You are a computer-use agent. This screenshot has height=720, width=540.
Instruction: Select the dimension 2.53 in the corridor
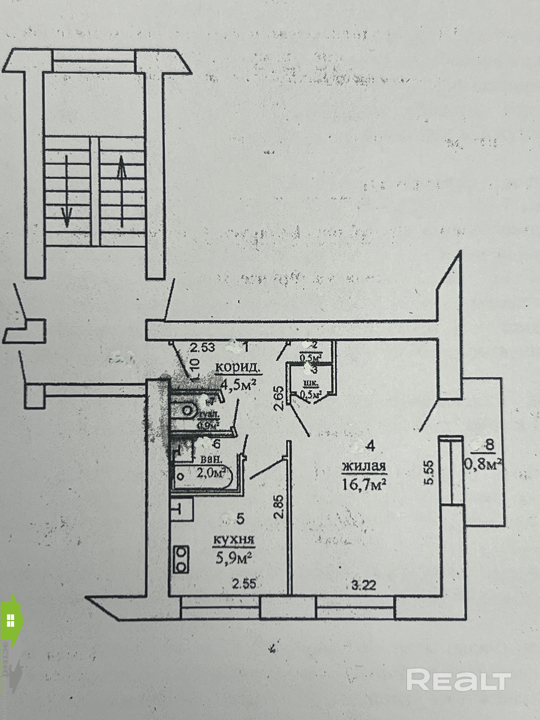pos(202,348)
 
